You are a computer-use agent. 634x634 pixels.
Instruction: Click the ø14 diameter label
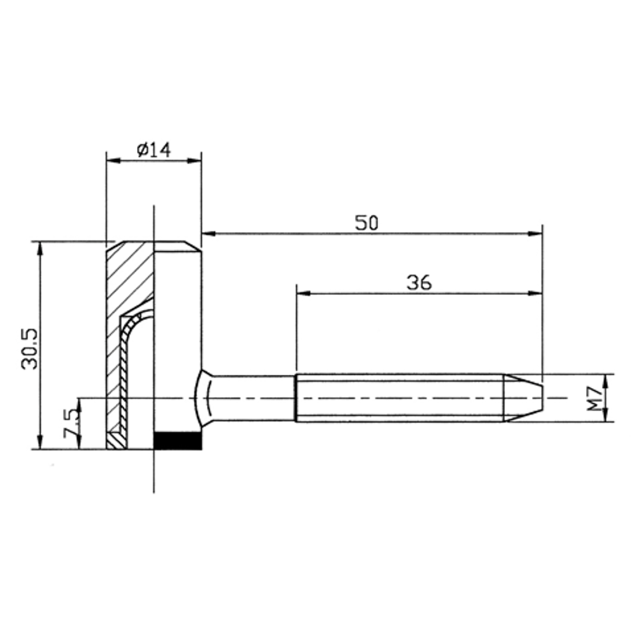pyautogui.click(x=153, y=150)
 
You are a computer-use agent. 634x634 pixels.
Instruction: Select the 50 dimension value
pyautogui.click(x=366, y=223)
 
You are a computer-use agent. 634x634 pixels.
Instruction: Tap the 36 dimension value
pyautogui.click(x=419, y=283)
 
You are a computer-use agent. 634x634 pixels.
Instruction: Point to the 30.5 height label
pyautogui.click(x=30, y=349)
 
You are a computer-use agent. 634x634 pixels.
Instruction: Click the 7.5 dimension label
pyautogui.click(x=72, y=424)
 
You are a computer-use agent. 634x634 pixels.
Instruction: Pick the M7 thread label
pyautogui.click(x=595, y=399)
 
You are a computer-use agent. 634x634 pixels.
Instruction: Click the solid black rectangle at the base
pyautogui.click(x=178, y=441)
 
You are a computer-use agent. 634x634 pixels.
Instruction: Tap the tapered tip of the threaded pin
pyautogui.click(x=523, y=398)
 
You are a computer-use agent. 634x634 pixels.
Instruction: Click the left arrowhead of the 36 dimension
pyautogui.click(x=304, y=293)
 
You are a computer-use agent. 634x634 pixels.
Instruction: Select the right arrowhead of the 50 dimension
pyautogui.click(x=535, y=234)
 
